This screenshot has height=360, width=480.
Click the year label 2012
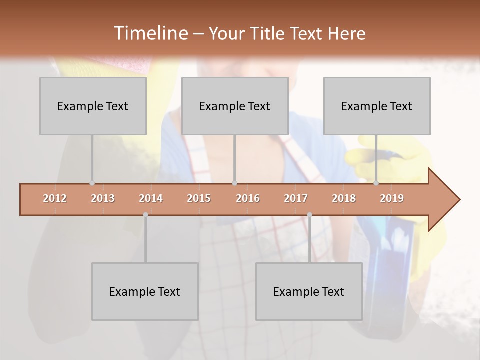(55, 199)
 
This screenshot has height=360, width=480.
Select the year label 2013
(103, 199)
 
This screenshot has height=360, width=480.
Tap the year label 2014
(151, 199)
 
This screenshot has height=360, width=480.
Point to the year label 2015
(199, 199)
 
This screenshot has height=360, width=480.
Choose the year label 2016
(248, 199)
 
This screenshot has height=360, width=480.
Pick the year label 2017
(296, 199)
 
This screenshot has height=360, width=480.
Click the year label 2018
(344, 199)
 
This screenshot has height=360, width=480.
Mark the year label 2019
(392, 199)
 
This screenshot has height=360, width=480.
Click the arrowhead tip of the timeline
(459, 200)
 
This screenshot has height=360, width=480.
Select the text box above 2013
(93, 106)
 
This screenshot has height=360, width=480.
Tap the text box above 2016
(235, 106)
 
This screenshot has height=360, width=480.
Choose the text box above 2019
(377, 106)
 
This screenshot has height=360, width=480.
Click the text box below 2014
(145, 292)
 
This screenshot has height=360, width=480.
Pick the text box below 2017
(309, 292)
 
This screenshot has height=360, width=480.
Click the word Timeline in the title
(150, 33)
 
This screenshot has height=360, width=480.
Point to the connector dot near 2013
(92, 183)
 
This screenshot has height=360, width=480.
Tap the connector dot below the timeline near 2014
(145, 215)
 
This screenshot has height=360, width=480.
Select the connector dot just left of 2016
(234, 183)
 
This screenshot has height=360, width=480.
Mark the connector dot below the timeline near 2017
(309, 215)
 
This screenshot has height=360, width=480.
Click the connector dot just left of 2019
(376, 183)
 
